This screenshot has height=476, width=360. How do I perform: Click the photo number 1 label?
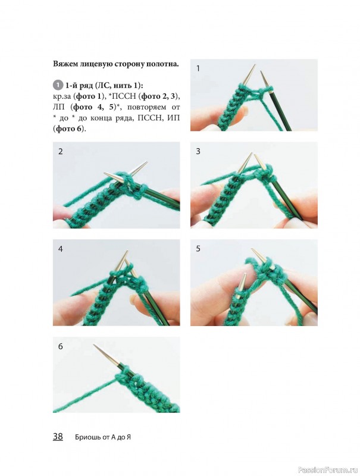point(198,68)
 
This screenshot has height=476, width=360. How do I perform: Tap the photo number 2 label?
point(61,151)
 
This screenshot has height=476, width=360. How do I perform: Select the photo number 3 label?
point(198,151)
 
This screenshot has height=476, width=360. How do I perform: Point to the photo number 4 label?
point(61,249)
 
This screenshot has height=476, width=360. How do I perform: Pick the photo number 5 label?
point(198,249)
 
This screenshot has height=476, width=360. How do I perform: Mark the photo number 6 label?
point(61,346)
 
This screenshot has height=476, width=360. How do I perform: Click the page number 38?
point(58,436)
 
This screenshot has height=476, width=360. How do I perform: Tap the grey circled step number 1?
point(57,85)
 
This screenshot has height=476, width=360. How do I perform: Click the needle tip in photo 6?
point(94,345)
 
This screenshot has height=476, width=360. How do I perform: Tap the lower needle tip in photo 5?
point(245,274)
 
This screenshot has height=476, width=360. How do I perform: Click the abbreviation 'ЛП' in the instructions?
point(58,107)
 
